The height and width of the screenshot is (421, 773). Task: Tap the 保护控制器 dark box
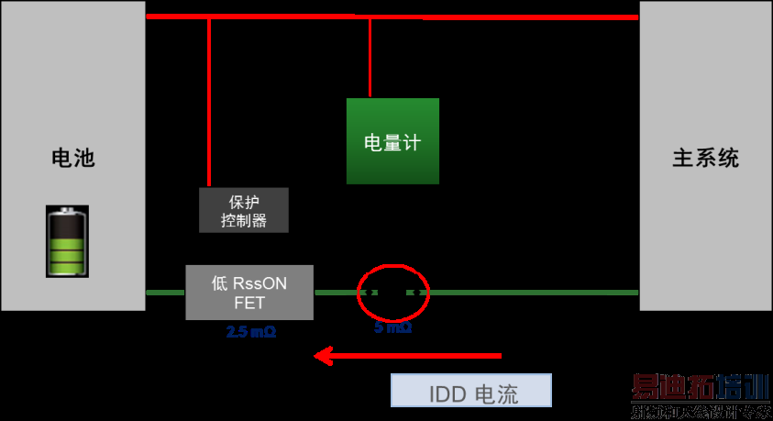point(244,210)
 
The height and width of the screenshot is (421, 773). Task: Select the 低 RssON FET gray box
point(249,293)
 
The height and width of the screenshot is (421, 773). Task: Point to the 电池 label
point(72,158)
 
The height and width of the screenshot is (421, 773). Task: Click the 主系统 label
point(705,158)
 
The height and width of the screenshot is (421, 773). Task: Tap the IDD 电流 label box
point(472,392)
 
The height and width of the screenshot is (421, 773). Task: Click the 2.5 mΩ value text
point(250,332)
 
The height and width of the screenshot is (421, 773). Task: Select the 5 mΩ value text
point(392,327)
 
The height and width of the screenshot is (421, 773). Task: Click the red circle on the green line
point(392,292)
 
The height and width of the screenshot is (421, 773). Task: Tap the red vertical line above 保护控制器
point(209,101)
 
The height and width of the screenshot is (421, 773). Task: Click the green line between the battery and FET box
point(166,292)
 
